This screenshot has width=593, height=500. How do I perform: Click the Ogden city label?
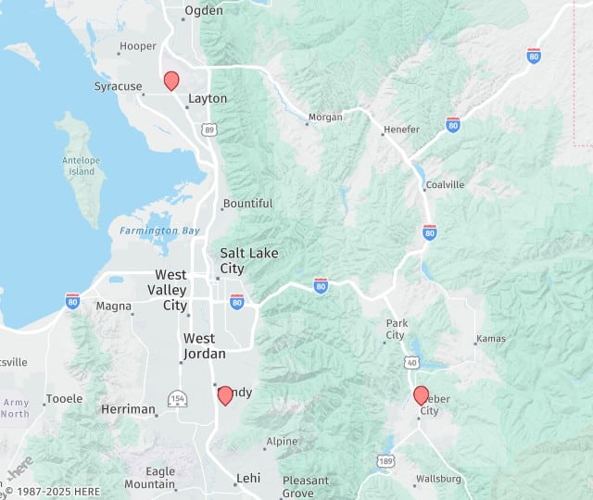204,11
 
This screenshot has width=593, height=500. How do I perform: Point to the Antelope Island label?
82,165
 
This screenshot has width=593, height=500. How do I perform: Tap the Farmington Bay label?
159,230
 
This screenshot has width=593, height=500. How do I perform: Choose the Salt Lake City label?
248,260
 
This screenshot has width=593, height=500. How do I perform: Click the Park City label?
396,329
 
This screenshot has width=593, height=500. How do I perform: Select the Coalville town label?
445,184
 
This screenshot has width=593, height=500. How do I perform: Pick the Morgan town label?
326,117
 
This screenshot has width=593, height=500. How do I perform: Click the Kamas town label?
491,339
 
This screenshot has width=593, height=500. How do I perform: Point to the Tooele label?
64,399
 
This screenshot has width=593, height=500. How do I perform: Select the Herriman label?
128,409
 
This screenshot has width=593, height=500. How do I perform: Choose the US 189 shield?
385,460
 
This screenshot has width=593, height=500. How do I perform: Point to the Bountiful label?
248,204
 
